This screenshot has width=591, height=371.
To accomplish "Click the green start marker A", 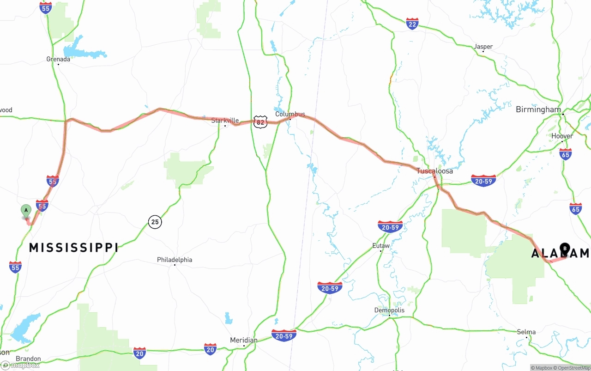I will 26,211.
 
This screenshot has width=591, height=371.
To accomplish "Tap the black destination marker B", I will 565,249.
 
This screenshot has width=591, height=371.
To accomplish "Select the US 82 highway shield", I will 260,122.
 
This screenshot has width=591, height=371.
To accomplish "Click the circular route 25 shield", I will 155,222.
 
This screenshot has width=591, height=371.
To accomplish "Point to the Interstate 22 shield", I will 412,24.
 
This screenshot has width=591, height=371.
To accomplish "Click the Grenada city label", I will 58,59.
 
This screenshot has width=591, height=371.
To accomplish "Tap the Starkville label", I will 225,120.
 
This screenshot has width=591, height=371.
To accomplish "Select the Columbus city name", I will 290,114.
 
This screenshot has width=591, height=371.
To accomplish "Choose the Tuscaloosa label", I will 434,171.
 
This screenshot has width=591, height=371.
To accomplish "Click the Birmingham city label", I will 538,109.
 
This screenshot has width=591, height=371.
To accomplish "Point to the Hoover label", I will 562,136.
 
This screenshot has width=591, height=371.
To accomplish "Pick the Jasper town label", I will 483,47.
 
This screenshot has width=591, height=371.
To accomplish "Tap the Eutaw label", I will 381,246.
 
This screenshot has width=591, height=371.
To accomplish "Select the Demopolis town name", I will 389,310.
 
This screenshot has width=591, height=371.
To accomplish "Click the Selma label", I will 526,332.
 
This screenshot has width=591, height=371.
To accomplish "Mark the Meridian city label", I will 244,340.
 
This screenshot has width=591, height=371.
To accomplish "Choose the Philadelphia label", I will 175,260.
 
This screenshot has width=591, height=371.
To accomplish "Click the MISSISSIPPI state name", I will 73,248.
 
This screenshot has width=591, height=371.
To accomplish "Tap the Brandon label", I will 29,359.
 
